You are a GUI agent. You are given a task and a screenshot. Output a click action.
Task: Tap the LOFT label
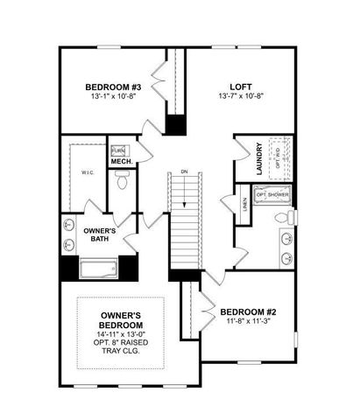241,87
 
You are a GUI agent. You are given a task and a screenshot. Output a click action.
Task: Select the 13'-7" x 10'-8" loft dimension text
241,97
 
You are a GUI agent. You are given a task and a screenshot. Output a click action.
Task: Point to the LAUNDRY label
259,158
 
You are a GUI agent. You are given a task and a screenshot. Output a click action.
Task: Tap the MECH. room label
121,162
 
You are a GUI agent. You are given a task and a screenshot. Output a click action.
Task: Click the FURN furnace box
117,150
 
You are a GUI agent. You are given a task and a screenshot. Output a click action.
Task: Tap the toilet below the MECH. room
123,184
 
